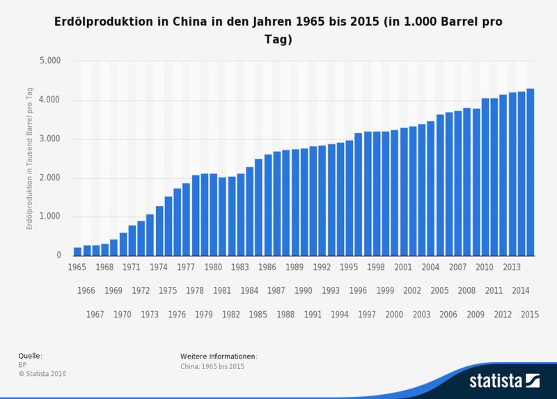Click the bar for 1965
pos(77,251)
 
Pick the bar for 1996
pos(358,194)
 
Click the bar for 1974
pos(159,230)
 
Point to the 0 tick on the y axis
pos(59,256)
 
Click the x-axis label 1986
pos(267,267)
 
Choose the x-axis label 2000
pos(394,314)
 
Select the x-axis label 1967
pos(95,314)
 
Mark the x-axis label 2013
pos(512,267)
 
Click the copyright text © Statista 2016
pos(47,373)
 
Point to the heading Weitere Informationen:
pos(219,357)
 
